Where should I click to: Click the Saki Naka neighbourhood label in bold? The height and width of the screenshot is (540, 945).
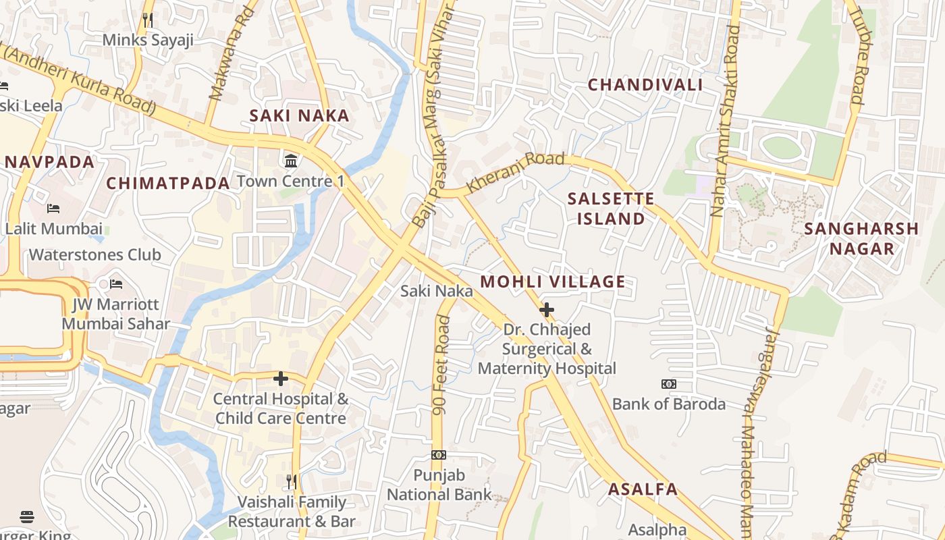[x=299, y=115]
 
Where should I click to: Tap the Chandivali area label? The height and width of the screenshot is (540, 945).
[x=645, y=85]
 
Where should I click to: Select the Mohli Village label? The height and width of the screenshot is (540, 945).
[x=552, y=281]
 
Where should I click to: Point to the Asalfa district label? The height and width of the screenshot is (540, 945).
[x=643, y=489]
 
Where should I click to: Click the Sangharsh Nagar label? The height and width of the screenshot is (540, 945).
[x=861, y=238]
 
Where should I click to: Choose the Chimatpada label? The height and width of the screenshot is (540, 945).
[x=168, y=183]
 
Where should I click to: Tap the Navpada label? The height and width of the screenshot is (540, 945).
[x=50, y=162]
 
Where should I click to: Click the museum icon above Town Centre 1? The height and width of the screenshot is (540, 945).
[x=292, y=161]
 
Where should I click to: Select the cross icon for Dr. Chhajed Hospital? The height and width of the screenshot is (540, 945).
[x=547, y=310]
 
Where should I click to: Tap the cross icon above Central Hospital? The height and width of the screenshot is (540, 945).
[x=281, y=379]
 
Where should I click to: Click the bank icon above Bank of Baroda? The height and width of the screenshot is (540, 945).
[x=668, y=384]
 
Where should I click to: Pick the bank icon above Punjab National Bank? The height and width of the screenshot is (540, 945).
[x=439, y=455]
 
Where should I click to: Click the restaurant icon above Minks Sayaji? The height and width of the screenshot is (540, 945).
[x=148, y=20]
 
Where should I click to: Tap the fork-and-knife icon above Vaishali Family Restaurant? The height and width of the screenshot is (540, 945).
[x=291, y=482]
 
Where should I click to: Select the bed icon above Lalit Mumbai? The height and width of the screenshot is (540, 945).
[x=54, y=209]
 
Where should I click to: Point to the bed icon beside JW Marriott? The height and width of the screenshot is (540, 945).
[x=116, y=283]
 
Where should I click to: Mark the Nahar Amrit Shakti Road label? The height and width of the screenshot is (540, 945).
[x=725, y=122]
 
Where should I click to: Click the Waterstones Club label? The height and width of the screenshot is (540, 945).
[x=94, y=254]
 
